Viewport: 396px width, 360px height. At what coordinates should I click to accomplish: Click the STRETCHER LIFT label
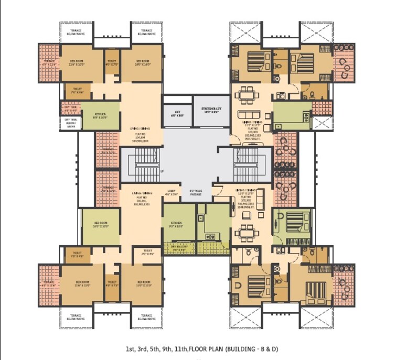(x=211, y=110)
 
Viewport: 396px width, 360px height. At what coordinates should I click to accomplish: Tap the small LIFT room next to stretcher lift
(x=177, y=113)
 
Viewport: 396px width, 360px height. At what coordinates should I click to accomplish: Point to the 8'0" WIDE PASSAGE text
(x=195, y=192)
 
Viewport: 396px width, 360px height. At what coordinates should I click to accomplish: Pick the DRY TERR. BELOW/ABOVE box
(x=71, y=123)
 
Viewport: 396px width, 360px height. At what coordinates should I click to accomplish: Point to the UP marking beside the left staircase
(x=162, y=172)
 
